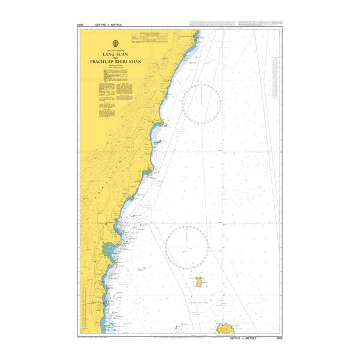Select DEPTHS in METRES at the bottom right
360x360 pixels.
click(x=247, y=338)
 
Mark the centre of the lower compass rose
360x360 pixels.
click(x=187, y=247)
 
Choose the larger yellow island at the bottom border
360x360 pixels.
click(x=226, y=329)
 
